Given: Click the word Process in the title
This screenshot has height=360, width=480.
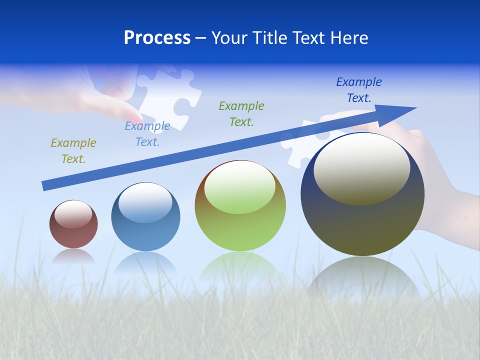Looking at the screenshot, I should tap(157, 38).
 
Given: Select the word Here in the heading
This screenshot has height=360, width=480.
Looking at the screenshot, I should tap(349, 38).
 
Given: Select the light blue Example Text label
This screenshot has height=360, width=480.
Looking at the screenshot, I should tap(147, 134).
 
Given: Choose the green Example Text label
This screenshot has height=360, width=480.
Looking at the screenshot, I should tap(241, 113).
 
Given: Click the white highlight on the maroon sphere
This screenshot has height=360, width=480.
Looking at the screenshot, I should tap(73, 214).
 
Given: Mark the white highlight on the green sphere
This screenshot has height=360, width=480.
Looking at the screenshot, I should tap(240, 186).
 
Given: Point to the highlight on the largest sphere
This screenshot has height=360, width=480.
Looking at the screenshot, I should tap(361, 169).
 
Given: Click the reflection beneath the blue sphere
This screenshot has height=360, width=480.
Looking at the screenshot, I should tap(145, 262).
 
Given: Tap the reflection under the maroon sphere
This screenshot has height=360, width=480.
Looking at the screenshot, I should tap(73, 256).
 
